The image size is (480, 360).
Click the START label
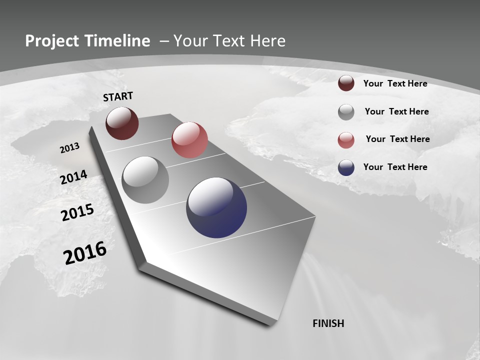tap(118, 96)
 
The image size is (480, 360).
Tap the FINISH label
tap(328, 323)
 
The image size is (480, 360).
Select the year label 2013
tap(69, 148)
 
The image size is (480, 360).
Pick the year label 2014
tap(74, 177)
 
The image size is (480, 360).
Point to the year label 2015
tap(77, 212)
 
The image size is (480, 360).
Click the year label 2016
tap(85, 253)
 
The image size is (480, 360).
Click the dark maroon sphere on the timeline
tap(122, 123)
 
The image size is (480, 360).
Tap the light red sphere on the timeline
tap(189, 139)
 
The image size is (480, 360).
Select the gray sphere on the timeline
tap(145, 180)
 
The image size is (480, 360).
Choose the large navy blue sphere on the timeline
tap(216, 207)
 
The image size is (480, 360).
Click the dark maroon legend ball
tap(346, 83)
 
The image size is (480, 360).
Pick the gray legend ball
tap(346, 112)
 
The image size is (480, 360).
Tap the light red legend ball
tap(346, 139)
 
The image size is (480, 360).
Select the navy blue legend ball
tap(346, 167)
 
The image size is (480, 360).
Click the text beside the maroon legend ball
tap(395, 83)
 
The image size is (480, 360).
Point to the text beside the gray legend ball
tap(396, 111)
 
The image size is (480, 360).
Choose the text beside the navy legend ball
tap(395, 167)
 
